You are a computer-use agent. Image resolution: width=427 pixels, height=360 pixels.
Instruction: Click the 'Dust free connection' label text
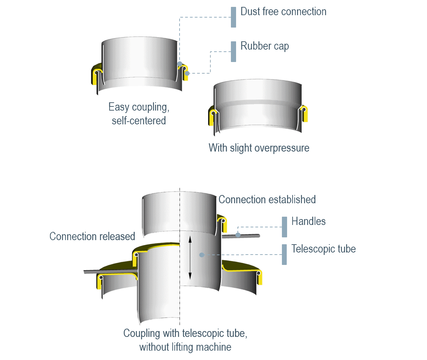click(283, 11)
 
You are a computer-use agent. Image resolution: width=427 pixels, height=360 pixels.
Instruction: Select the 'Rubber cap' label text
click(265, 46)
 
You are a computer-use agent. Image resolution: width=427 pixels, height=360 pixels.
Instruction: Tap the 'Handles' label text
click(308, 221)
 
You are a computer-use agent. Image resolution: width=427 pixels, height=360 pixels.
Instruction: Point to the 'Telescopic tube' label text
click(324, 249)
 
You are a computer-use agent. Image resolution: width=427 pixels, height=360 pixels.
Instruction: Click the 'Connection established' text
click(267, 199)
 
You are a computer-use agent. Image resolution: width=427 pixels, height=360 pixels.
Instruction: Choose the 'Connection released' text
click(92, 236)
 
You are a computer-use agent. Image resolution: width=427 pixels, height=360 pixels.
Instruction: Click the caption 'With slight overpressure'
click(259, 148)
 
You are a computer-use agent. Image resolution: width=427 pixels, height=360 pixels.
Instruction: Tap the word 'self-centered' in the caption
click(139, 121)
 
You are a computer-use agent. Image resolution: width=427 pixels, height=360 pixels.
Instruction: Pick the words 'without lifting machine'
click(185, 347)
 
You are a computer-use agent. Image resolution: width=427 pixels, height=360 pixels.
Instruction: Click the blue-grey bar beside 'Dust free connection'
click(233, 17)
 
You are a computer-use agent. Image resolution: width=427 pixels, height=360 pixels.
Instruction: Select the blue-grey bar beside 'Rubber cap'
click(233, 52)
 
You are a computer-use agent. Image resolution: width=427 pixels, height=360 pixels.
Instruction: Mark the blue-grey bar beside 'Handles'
click(284, 227)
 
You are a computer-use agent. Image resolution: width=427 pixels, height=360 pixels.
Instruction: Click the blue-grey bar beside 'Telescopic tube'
click(284, 255)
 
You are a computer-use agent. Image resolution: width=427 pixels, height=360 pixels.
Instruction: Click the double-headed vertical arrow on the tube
click(190, 258)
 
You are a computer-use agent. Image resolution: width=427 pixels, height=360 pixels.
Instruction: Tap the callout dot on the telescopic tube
click(202, 255)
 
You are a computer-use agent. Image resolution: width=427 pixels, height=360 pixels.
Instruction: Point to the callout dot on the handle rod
click(238, 235)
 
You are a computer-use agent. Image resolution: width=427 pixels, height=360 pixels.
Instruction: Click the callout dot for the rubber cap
click(187, 73)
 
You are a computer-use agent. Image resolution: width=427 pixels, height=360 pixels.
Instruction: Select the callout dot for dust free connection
click(180, 64)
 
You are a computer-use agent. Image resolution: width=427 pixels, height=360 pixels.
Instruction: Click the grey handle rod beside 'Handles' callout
click(241, 236)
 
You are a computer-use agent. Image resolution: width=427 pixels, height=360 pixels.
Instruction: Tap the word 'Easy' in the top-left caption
click(119, 107)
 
